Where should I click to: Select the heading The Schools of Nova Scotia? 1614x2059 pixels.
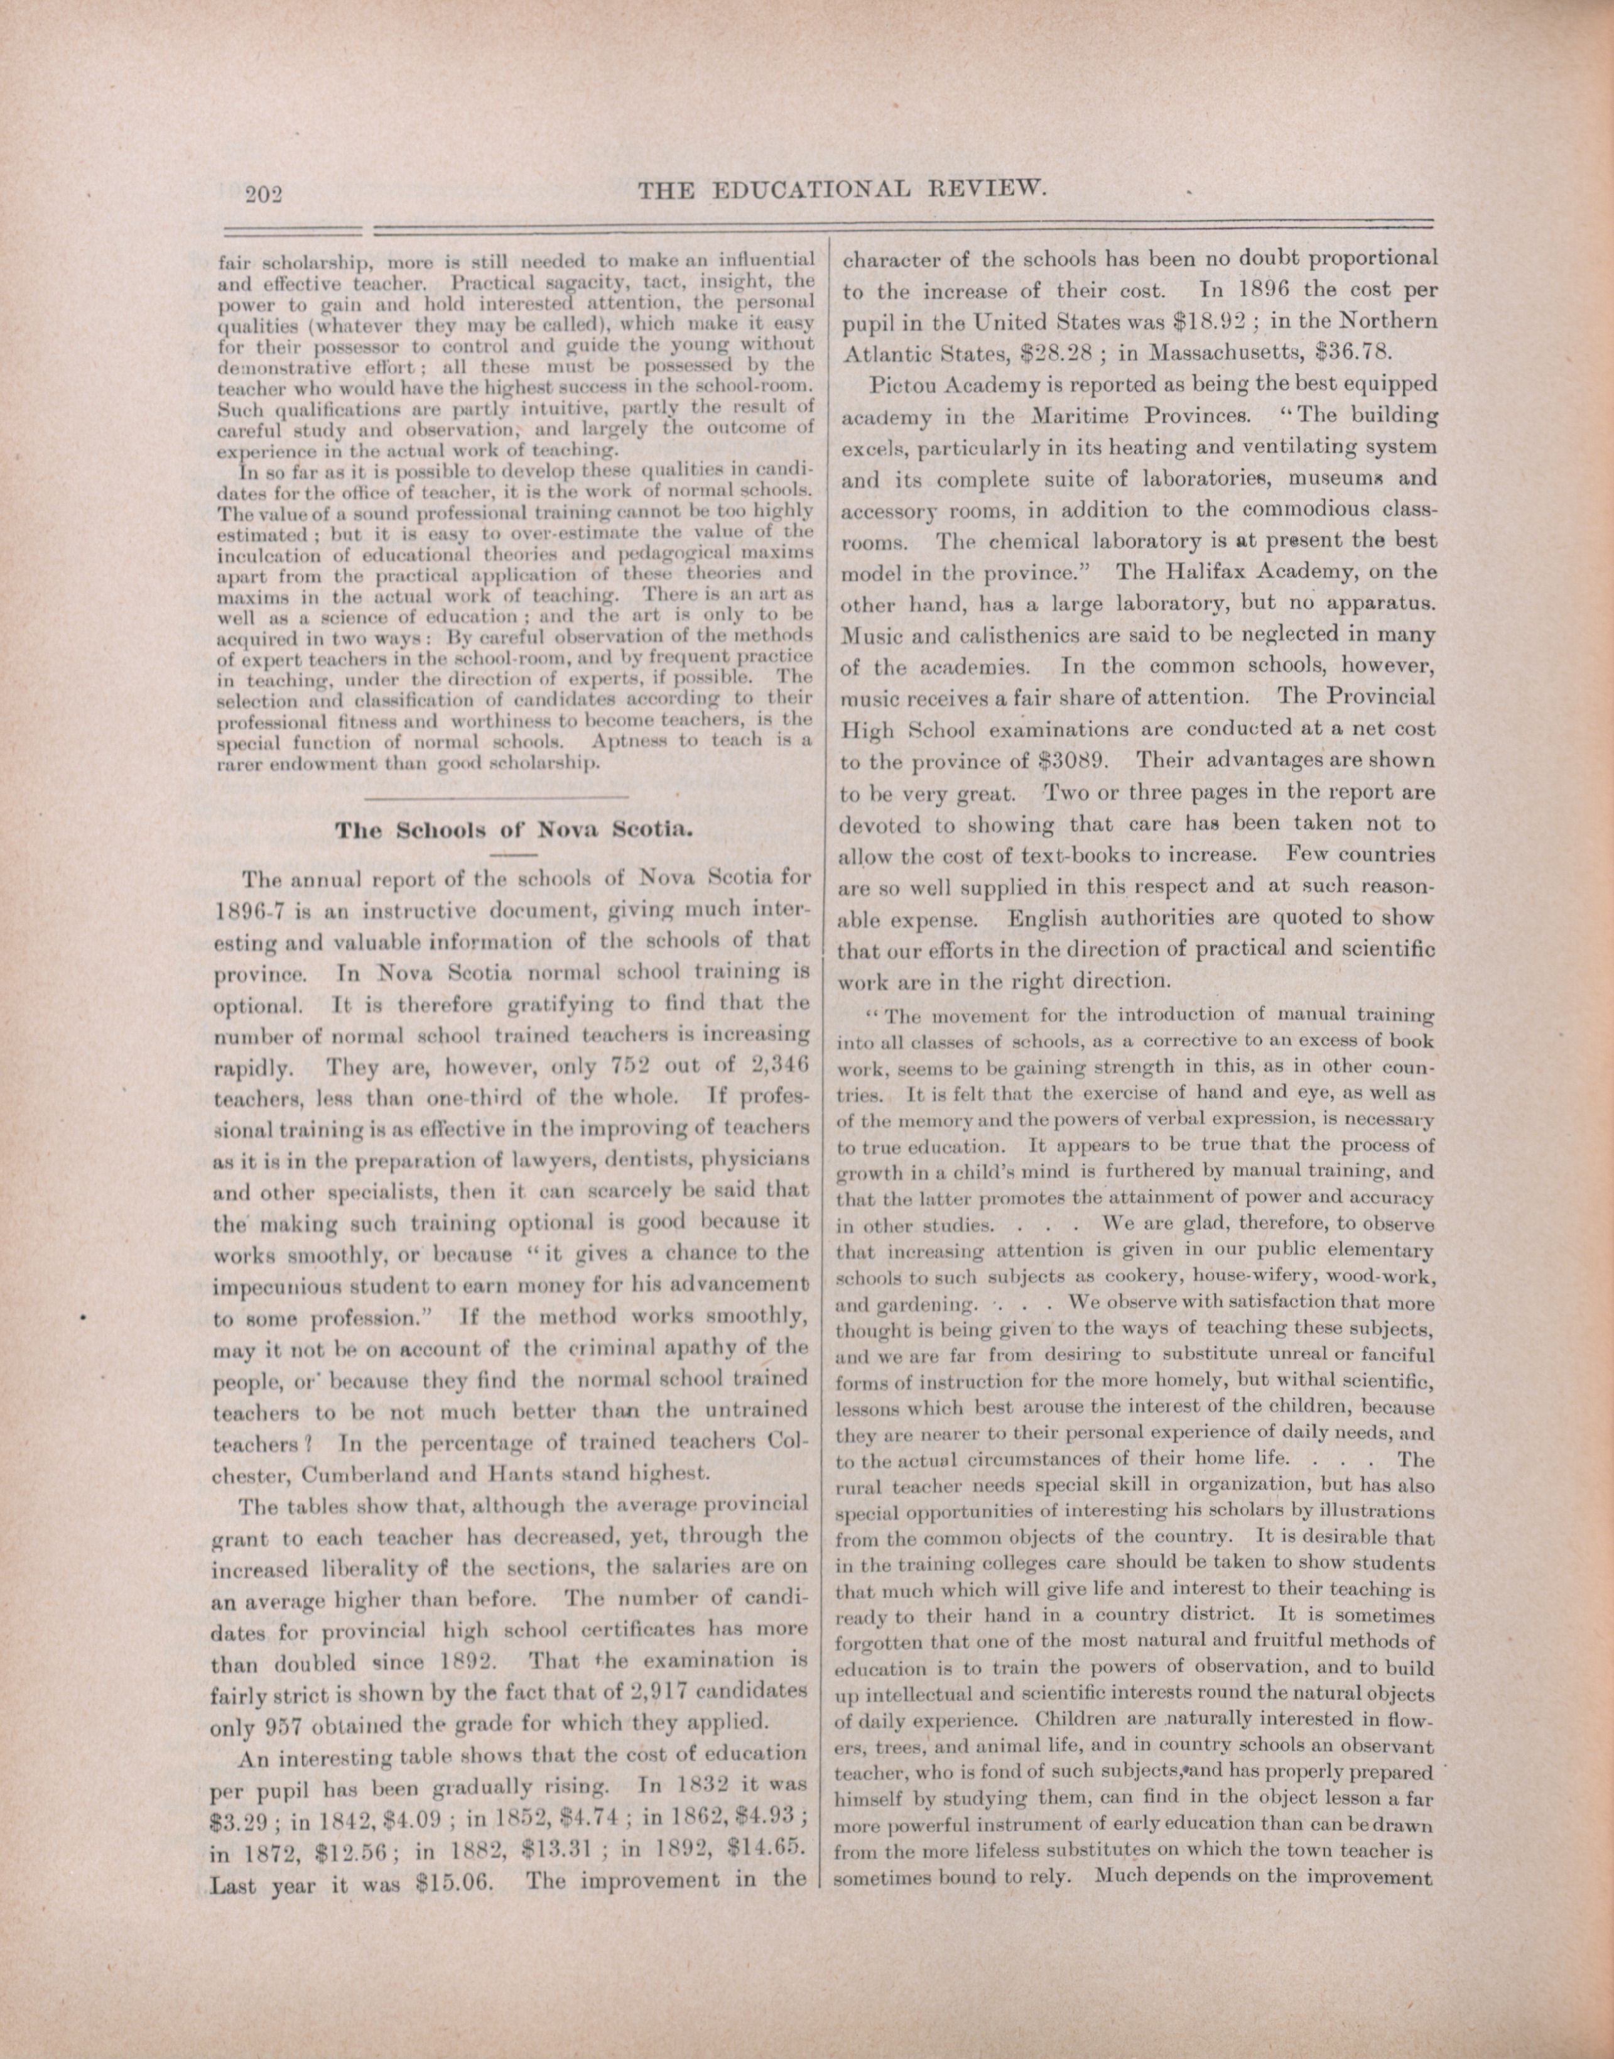tap(515, 831)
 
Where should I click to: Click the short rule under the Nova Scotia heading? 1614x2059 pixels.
tap(515, 854)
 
